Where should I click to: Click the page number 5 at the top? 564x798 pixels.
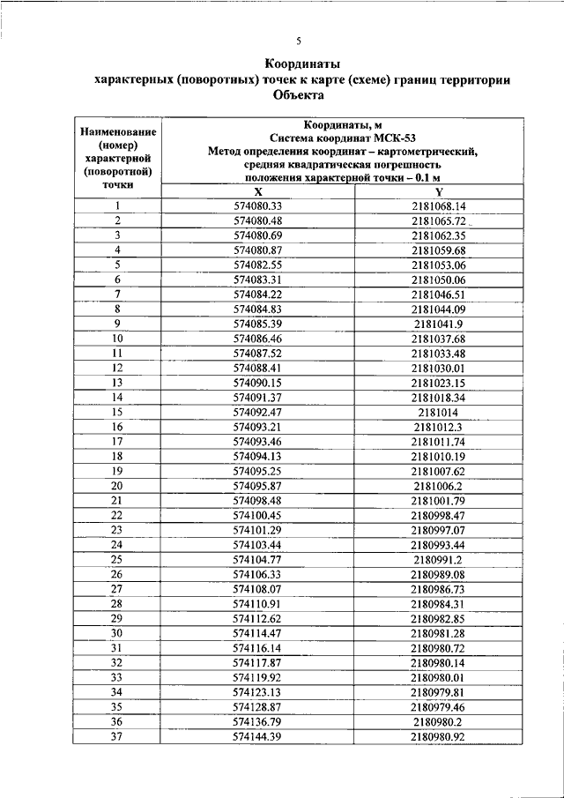(x=299, y=41)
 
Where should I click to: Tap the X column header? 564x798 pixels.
(x=257, y=192)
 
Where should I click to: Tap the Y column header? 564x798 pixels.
(x=438, y=192)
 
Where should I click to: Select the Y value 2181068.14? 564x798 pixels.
(x=438, y=206)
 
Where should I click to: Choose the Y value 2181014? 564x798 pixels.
(x=438, y=412)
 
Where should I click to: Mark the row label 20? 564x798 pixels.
(x=117, y=485)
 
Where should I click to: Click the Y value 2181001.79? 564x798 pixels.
(x=438, y=500)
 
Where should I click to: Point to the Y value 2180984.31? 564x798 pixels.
(x=438, y=603)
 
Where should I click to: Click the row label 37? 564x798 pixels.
(x=117, y=735)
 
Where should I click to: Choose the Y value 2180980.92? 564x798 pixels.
(x=438, y=735)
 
